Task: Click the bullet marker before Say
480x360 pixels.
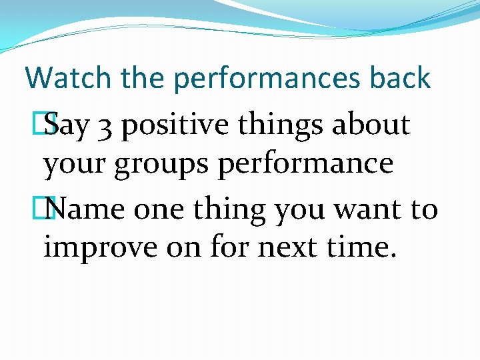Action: [47, 125]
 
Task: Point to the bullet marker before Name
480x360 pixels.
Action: [47, 210]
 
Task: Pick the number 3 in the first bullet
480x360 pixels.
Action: [104, 125]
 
